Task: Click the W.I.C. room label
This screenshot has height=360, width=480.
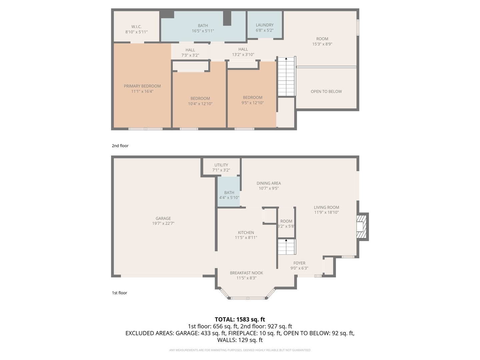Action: [x=136, y=27]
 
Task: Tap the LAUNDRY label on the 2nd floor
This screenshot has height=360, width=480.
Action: [x=265, y=25]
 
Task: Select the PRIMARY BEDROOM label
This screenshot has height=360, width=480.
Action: [x=142, y=86]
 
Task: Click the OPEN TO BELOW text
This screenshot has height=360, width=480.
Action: [x=326, y=92]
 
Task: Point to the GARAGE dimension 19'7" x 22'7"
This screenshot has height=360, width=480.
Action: [x=163, y=224]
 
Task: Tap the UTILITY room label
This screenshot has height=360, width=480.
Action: [x=221, y=165]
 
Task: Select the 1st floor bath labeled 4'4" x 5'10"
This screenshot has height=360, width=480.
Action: [x=229, y=195]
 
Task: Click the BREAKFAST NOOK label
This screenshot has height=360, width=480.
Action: [x=246, y=273]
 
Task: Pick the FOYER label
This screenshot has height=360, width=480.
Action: [x=299, y=263]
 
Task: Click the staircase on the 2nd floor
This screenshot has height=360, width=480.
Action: [x=286, y=77]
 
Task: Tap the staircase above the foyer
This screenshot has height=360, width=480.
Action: [x=287, y=247]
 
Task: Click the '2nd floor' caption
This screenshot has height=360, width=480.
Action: [x=120, y=146]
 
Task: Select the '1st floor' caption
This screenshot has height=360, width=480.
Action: [x=119, y=293]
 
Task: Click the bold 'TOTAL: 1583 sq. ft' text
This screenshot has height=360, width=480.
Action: [x=240, y=319]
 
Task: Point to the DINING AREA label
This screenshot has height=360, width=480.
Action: [x=269, y=183]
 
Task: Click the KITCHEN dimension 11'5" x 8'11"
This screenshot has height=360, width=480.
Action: [x=246, y=238]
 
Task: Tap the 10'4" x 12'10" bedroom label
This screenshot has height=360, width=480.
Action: [x=200, y=104]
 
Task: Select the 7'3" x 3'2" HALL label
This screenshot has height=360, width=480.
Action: [x=190, y=55]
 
